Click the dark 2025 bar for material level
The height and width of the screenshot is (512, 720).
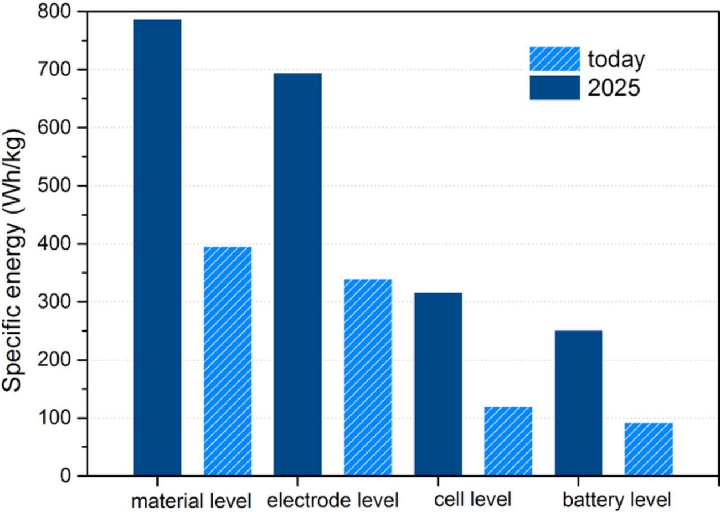[x=157, y=247]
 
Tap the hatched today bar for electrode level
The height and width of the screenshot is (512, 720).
[x=368, y=377]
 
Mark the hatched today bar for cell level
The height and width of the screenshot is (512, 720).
[x=508, y=441]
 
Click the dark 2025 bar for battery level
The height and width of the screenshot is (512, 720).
[x=578, y=403]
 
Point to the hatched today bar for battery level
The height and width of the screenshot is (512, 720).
[x=649, y=449]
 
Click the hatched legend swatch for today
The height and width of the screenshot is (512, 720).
[x=554, y=58]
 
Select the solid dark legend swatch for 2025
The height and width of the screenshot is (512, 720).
[x=554, y=88]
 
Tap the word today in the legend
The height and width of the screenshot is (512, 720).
[x=616, y=59]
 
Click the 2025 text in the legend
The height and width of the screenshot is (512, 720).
[x=614, y=88]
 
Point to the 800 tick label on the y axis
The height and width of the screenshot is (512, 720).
[x=54, y=12]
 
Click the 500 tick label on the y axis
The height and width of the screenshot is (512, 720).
[x=54, y=186]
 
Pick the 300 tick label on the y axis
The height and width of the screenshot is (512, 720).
[x=54, y=302]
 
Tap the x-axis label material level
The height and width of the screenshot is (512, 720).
[x=191, y=500]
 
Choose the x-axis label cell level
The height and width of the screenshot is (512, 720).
[x=472, y=499]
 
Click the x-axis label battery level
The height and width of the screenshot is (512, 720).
[x=616, y=499]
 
